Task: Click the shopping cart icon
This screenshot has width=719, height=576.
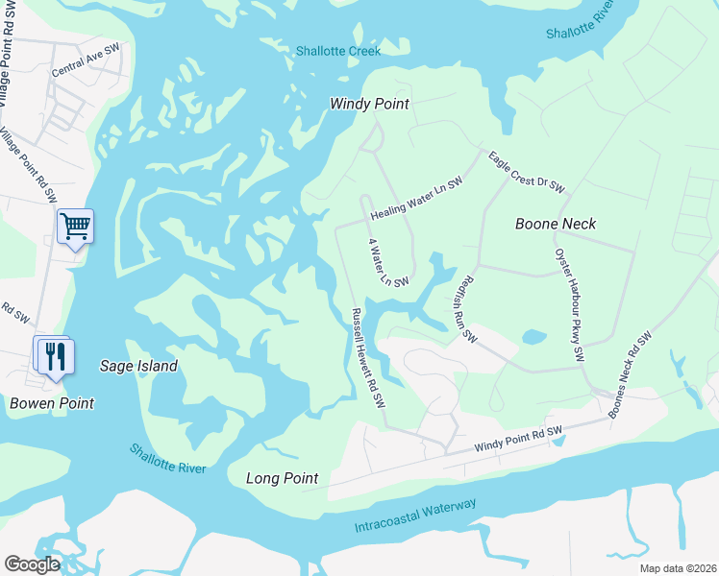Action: click(x=75, y=227)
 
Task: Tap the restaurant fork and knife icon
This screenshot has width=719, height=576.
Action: click(x=54, y=355)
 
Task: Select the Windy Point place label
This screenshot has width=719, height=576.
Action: click(x=369, y=104)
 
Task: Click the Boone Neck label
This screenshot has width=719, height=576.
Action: click(x=556, y=224)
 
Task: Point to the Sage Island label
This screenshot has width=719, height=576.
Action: click(x=138, y=366)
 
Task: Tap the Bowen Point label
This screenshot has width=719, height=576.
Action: click(x=52, y=403)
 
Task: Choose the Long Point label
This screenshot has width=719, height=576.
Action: click(x=282, y=478)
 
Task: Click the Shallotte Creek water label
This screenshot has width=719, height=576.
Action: click(x=338, y=51)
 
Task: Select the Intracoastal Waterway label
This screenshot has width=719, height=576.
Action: click(x=415, y=516)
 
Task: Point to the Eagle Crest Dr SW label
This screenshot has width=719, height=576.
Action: click(x=526, y=171)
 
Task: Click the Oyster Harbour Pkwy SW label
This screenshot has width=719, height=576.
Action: click(x=569, y=305)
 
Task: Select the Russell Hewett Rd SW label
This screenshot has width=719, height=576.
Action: click(x=368, y=360)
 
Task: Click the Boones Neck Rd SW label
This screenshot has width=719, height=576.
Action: click(x=630, y=374)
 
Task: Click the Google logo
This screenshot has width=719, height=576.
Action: click(x=31, y=564)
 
